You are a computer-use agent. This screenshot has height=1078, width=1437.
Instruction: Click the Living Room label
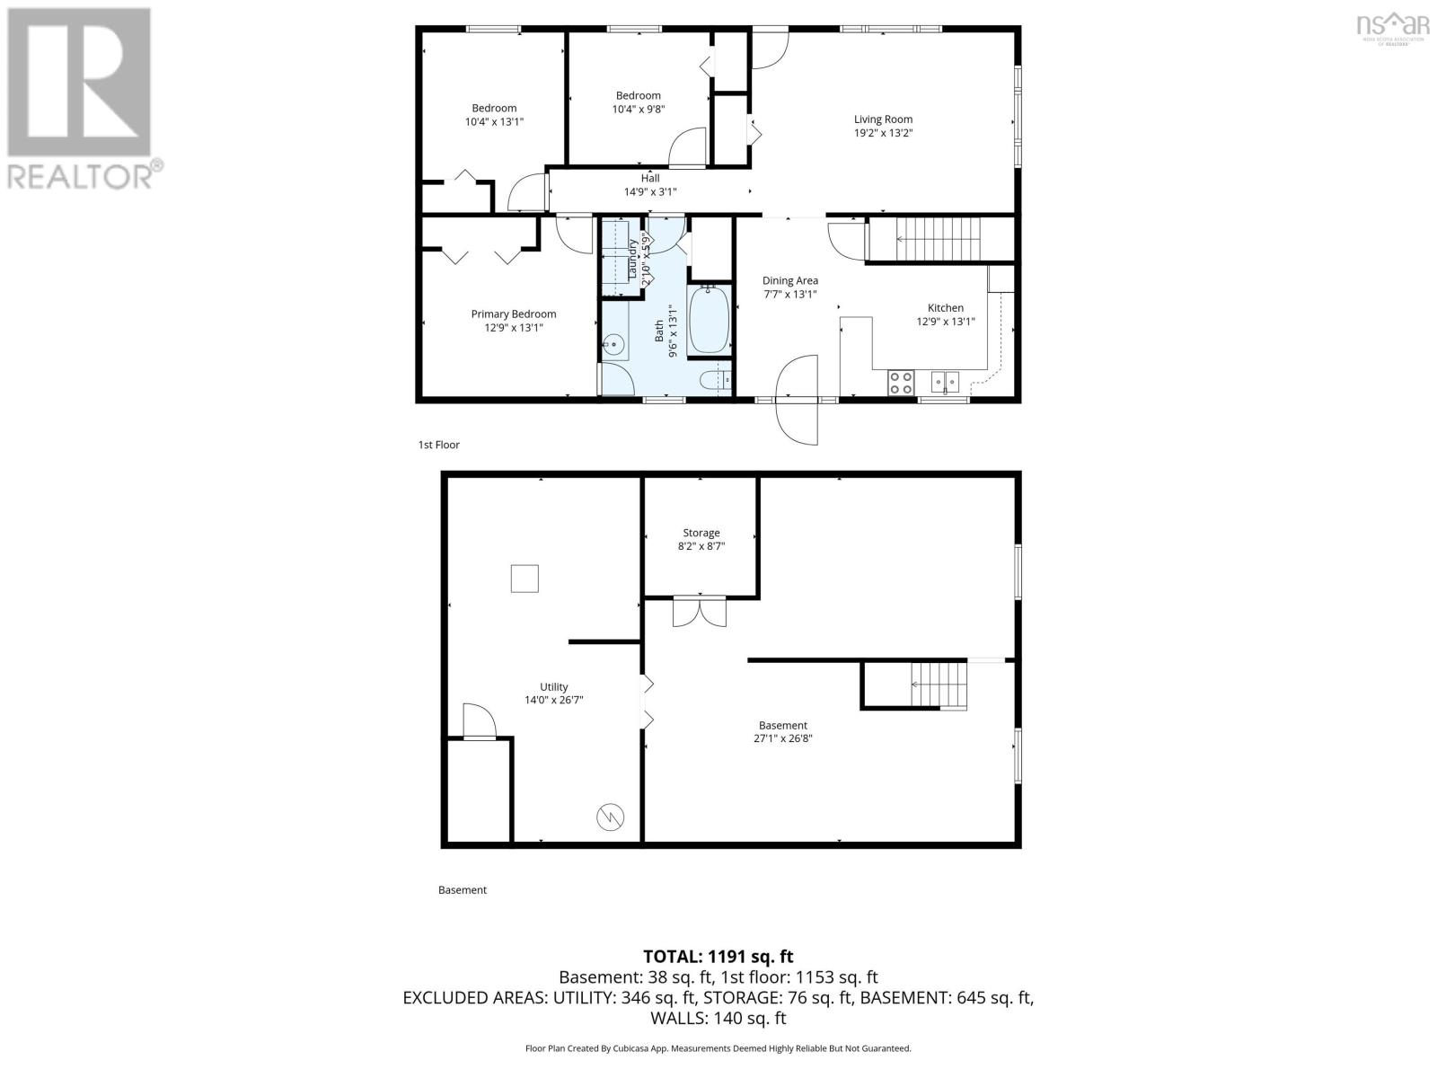point(883,119)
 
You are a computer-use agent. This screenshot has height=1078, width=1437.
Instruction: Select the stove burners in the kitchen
point(901,384)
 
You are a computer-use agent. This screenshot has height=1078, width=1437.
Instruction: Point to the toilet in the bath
point(716,381)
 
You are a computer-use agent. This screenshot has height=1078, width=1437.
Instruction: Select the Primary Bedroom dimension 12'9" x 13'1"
point(514,328)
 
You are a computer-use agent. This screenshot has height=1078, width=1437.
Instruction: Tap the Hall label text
point(650,178)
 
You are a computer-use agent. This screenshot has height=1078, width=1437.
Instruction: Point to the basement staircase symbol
point(939,685)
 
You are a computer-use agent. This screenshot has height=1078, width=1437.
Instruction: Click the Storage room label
point(701,533)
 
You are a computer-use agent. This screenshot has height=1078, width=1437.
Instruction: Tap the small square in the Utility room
point(525,579)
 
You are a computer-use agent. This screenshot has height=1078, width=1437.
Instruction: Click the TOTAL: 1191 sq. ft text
point(718,957)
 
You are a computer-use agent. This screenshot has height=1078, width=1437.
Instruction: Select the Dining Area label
point(790,280)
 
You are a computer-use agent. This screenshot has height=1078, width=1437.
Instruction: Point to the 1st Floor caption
point(439,445)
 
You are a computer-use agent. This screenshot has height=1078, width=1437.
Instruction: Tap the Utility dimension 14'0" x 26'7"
point(554,700)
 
